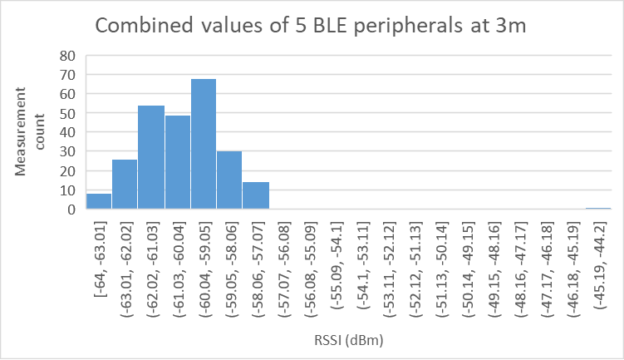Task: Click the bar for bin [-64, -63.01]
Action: tap(99, 201)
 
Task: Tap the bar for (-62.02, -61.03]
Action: tap(151, 158)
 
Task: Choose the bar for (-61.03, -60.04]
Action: tap(177, 163)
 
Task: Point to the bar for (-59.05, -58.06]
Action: tap(229, 180)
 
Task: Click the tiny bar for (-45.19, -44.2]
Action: tap(597, 209)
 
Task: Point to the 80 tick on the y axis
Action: tap(66, 56)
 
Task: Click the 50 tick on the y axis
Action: tap(66, 113)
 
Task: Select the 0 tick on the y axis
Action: tap(71, 210)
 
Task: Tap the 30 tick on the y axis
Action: tap(66, 152)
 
